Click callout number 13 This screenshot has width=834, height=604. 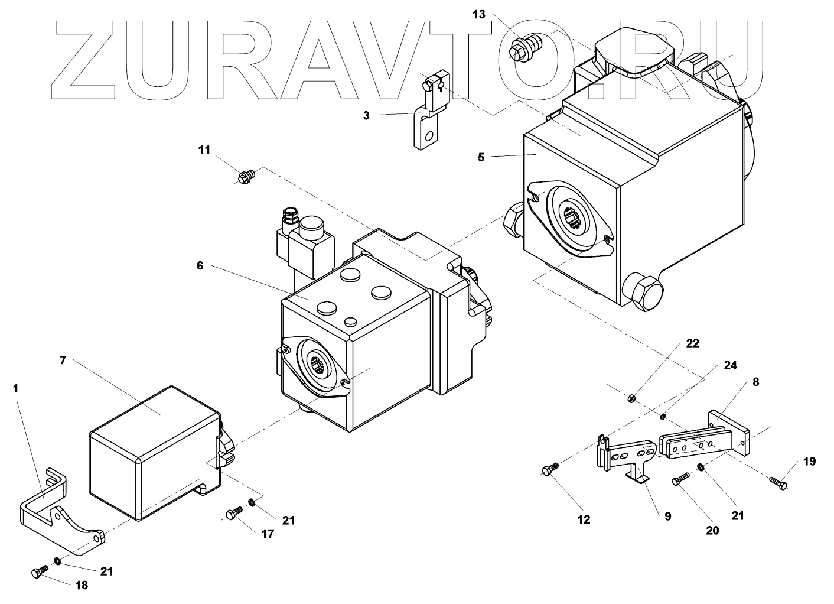[x=479, y=14]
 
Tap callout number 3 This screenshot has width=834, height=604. [x=366, y=116]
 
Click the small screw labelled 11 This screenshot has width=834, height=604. [x=246, y=176]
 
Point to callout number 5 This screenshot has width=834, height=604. [x=481, y=157]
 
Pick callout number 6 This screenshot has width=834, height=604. [x=200, y=266]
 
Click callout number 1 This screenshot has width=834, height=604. [x=15, y=388]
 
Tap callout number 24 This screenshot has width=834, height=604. [x=730, y=366]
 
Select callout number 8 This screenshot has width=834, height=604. [x=755, y=382]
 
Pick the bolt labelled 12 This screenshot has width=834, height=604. [x=548, y=469]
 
